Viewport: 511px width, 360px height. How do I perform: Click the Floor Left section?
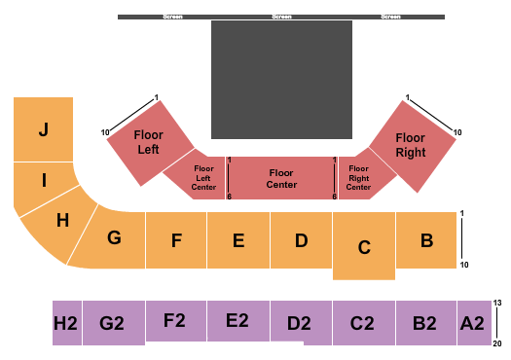click(x=148, y=142)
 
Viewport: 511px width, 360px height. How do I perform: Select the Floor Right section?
click(x=411, y=146)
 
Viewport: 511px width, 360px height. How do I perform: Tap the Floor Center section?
click(x=281, y=178)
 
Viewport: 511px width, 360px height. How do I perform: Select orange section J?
click(x=43, y=128)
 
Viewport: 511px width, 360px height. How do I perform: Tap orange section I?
click(x=43, y=180)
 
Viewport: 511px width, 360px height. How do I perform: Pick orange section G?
click(x=113, y=237)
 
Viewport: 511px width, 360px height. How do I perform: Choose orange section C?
click(x=364, y=247)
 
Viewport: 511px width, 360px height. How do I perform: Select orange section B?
click(x=425, y=239)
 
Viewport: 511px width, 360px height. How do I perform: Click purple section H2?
click(x=66, y=322)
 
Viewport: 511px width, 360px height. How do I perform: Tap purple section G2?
click(x=114, y=322)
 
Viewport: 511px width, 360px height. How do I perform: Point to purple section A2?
click(x=473, y=322)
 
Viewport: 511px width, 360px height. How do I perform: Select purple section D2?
click(x=301, y=323)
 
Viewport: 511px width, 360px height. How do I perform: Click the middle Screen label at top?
click(x=281, y=17)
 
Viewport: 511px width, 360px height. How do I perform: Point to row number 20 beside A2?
click(x=498, y=342)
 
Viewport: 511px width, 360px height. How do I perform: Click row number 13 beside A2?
click(x=498, y=304)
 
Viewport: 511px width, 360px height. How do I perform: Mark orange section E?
click(x=238, y=240)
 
